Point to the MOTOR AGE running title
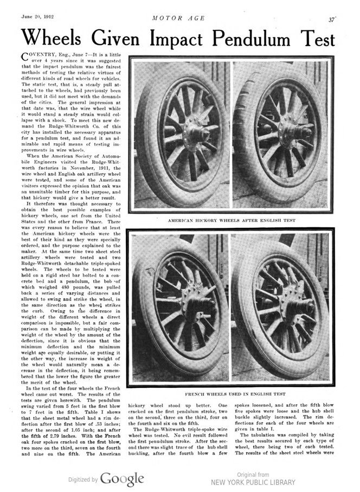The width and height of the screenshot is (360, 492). [178, 18]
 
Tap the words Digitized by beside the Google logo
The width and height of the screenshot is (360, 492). [83, 480]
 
